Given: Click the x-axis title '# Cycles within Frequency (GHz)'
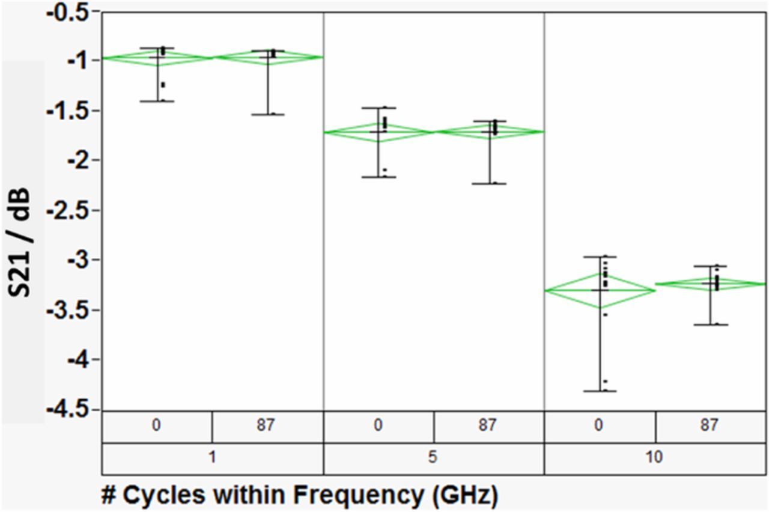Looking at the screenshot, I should [x=300, y=495].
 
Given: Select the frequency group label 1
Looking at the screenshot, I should [x=212, y=458].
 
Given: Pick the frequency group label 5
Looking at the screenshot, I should [x=433, y=458].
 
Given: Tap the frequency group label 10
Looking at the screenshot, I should [x=655, y=458].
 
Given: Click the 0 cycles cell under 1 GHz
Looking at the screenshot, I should [x=156, y=426].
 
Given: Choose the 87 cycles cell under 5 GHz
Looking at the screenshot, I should [x=488, y=426].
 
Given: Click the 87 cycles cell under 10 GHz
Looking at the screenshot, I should [x=710, y=426].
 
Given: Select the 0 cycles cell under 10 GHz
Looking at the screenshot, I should [x=599, y=426].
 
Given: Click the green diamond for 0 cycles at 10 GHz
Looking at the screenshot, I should [x=599, y=290].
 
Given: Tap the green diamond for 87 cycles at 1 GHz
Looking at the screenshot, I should [x=268, y=58].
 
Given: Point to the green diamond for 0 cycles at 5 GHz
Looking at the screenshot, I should [x=378, y=132].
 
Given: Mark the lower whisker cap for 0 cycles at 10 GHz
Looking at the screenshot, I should [x=599, y=391].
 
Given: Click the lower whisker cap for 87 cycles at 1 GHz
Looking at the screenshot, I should [x=268, y=114].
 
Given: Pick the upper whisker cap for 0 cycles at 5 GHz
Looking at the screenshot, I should [x=378, y=108].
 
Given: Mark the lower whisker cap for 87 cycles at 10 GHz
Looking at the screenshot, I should [x=710, y=325].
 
